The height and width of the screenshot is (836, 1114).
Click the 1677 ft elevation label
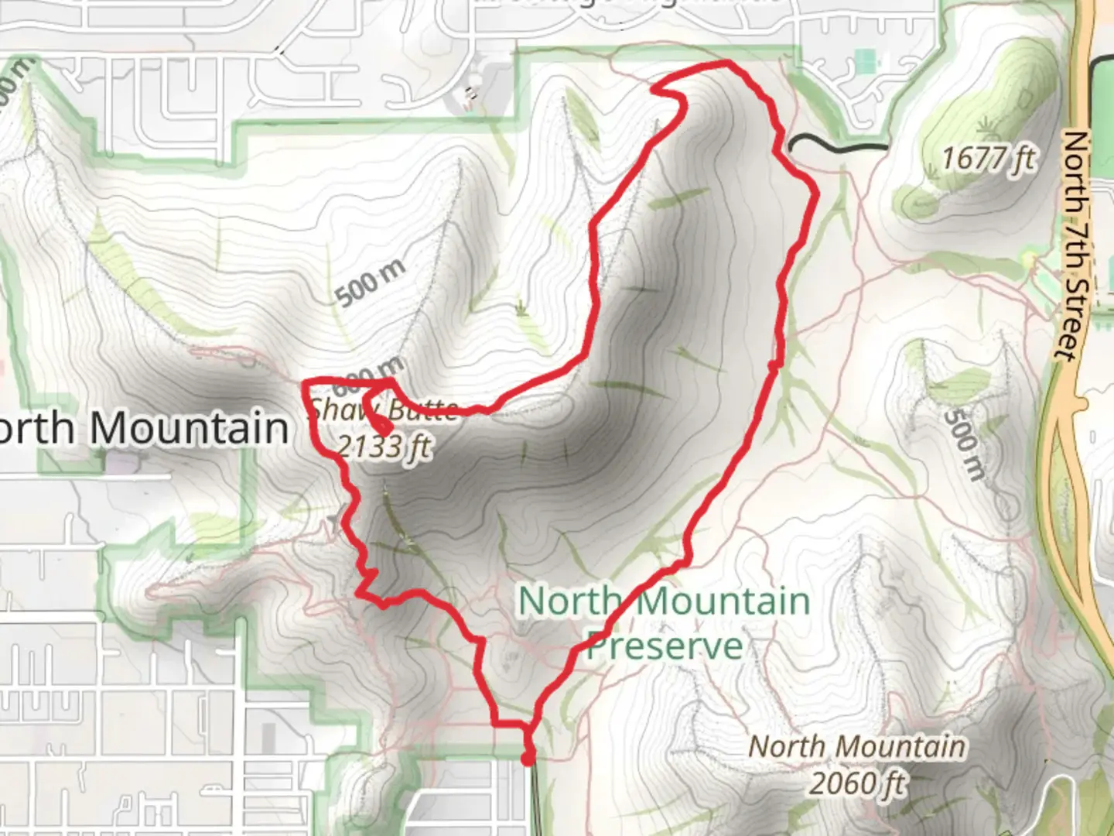click(x=988, y=159)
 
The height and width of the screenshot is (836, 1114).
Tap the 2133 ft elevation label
click(x=384, y=447)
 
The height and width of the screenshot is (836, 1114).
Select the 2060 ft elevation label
click(x=857, y=783)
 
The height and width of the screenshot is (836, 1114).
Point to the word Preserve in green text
click(x=664, y=646)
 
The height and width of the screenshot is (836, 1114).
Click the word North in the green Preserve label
click(x=569, y=601)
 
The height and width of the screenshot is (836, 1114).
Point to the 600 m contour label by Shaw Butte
click(x=369, y=376)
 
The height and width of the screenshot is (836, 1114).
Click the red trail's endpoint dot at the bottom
click(x=528, y=759)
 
